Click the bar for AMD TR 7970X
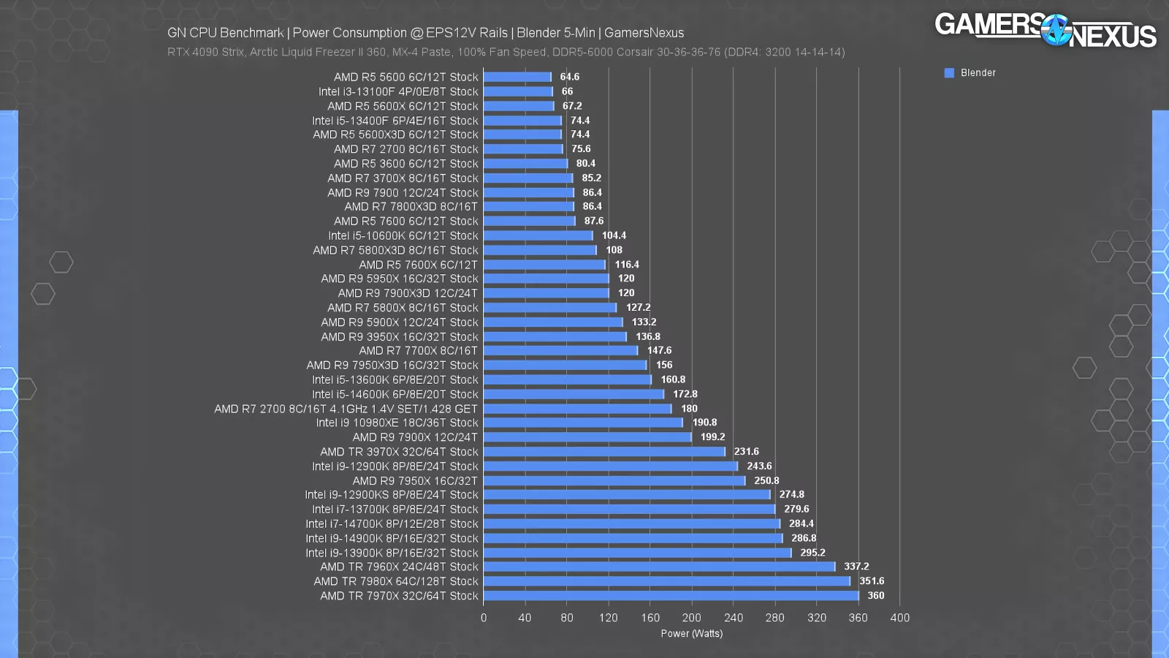(x=671, y=596)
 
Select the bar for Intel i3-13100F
(x=518, y=91)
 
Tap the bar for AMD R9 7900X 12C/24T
(x=587, y=437)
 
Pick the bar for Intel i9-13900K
(x=637, y=553)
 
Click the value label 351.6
(x=872, y=581)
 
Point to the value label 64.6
(x=569, y=77)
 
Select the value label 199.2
(x=712, y=437)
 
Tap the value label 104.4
(x=614, y=235)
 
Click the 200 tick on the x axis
(x=691, y=618)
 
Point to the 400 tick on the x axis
(x=899, y=618)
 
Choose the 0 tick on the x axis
(x=484, y=618)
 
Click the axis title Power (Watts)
(x=691, y=634)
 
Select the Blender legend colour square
(x=949, y=73)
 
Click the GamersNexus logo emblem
(x=1056, y=31)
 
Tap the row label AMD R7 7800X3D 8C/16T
(x=411, y=207)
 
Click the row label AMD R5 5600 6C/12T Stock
(x=405, y=77)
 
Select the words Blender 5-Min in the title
(x=556, y=33)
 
